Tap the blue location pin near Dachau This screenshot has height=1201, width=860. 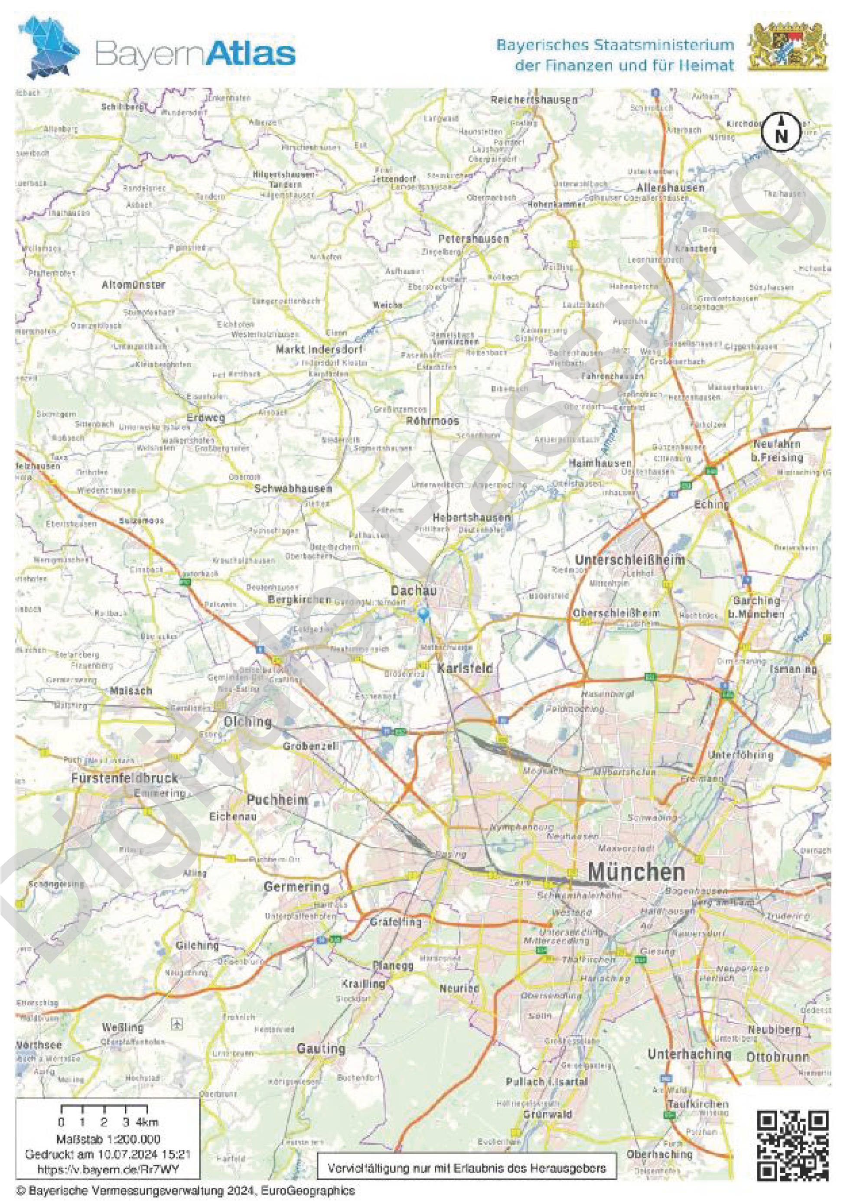[x=423, y=614]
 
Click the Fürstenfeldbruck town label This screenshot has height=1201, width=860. [x=125, y=778]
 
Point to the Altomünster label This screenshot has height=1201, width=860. [x=134, y=285]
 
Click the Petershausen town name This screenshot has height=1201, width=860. [x=473, y=239]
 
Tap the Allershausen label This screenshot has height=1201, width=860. [x=670, y=188]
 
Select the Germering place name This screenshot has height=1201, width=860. [x=296, y=886]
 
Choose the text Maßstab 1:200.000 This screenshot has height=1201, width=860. [x=108, y=1139]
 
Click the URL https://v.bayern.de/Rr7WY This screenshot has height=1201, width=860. [x=108, y=1168]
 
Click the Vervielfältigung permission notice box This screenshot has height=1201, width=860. [x=466, y=1168]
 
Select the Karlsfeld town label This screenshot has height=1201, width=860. [x=465, y=668]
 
